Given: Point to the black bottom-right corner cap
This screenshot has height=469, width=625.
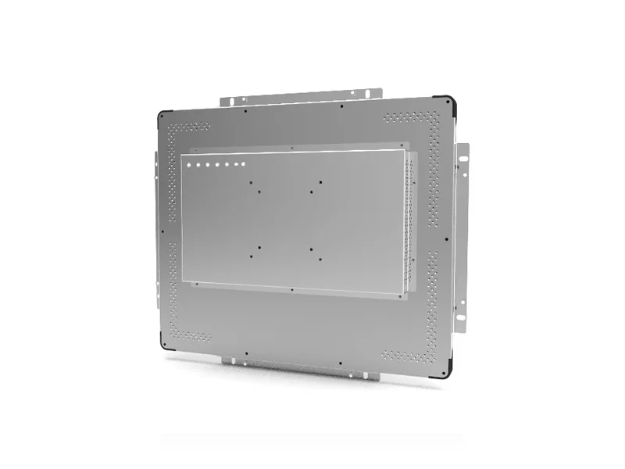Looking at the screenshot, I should (x=446, y=373).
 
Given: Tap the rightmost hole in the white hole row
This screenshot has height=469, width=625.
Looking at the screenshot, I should (x=244, y=163).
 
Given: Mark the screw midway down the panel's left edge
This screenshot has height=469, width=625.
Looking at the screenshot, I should (x=162, y=231).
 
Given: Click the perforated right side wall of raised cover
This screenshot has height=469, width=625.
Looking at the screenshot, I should (x=412, y=223).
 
